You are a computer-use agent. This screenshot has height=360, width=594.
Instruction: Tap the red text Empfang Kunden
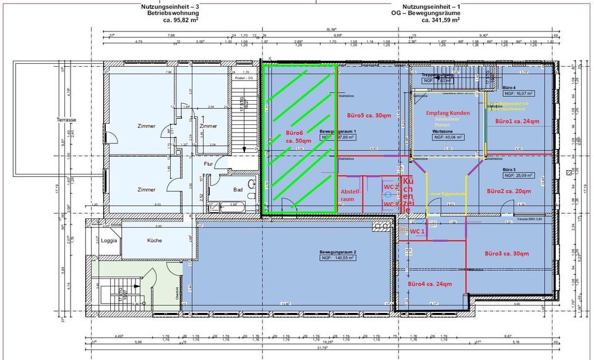click(448, 113)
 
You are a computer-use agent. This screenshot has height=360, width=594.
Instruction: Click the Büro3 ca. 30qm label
click(507, 254)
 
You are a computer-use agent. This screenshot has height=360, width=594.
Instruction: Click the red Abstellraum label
click(351, 196)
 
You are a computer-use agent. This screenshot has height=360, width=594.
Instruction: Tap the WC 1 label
click(417, 231)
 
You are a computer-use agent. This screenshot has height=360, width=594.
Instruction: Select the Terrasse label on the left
click(66, 119)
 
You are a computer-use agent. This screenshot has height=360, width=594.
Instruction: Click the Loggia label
click(110, 241)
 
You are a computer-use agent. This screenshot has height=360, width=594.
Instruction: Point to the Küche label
click(154, 241)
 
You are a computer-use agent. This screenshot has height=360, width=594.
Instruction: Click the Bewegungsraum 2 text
click(338, 252)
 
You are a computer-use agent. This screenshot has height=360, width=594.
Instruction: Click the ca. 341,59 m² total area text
click(441, 20)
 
